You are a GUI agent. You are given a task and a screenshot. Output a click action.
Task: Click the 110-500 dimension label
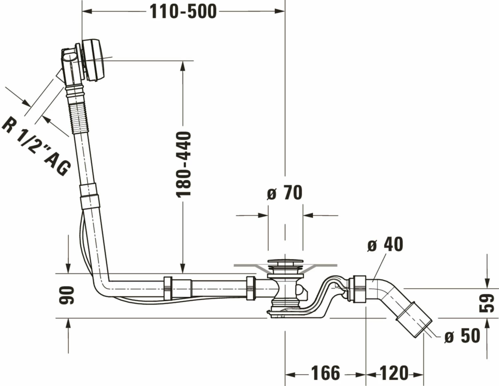click(183, 12)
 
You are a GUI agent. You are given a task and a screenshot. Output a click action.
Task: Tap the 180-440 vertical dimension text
click(184, 164)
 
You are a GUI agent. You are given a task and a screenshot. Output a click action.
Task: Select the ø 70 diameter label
click(285, 193)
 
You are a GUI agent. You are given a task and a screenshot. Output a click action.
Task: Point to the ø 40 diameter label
click(385, 244)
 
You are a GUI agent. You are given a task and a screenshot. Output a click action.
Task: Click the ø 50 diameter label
click(462, 336)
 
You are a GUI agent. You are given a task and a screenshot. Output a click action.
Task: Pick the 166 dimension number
click(326, 373)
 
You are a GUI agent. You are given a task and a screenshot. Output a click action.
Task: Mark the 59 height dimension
click(487, 303)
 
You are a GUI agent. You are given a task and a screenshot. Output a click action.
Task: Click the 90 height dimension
click(66, 295)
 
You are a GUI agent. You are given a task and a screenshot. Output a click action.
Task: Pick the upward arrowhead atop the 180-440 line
click(182, 66)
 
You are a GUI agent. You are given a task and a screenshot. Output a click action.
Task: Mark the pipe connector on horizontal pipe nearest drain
click(251, 288)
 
